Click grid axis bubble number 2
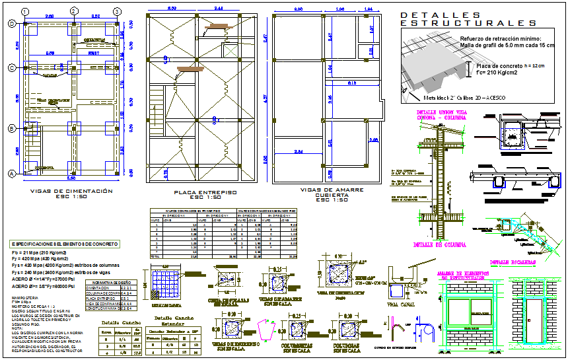coord(71,12)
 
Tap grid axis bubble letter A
coord(11,174)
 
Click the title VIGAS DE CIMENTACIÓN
coord(71,191)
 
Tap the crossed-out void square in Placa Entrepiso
coord(231,52)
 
